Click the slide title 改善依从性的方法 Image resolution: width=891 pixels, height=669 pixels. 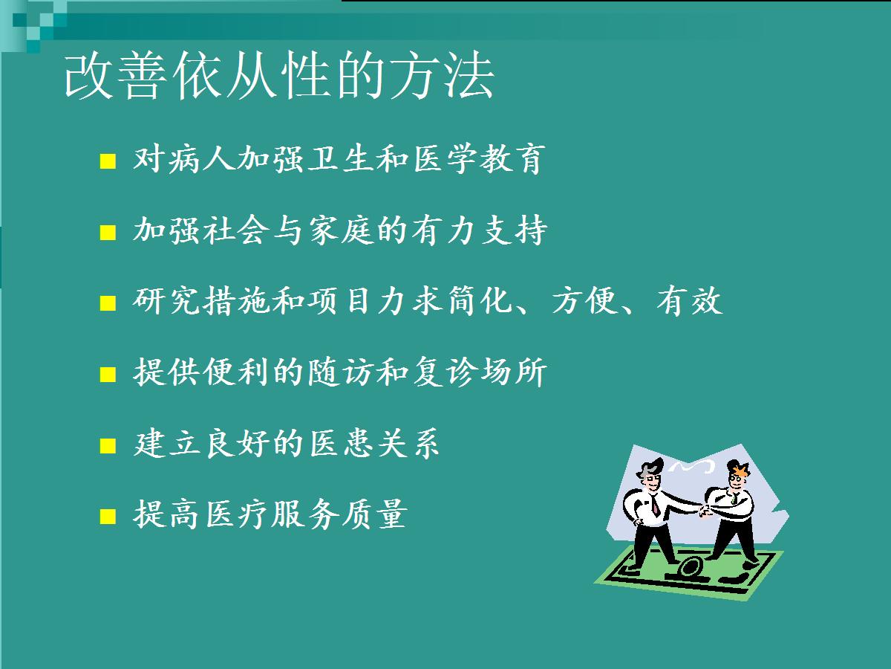pyautogui.click(x=279, y=76)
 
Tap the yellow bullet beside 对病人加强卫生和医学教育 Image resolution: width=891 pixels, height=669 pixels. pyautogui.click(x=108, y=161)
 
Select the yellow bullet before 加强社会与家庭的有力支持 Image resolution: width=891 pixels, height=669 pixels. pyautogui.click(x=108, y=233)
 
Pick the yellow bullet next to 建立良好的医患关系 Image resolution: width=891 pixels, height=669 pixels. pyautogui.click(x=108, y=445)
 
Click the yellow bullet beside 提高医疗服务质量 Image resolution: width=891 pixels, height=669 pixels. pyautogui.click(x=108, y=517)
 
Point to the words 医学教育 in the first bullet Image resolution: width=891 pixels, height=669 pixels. pyautogui.click(x=479, y=159)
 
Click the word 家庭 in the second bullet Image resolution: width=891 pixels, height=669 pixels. pyautogui.click(x=342, y=230)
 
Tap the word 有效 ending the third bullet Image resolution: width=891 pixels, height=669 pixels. pyautogui.click(x=689, y=301)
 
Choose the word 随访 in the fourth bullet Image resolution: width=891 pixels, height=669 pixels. pyautogui.click(x=342, y=372)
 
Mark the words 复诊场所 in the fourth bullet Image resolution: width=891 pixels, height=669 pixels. pyautogui.click(x=480, y=372)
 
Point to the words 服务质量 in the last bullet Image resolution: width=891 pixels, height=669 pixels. pyautogui.click(x=340, y=514)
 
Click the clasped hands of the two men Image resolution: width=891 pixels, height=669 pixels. pyautogui.click(x=705, y=511)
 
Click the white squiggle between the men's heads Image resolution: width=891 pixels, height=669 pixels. pyautogui.click(x=691, y=466)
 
